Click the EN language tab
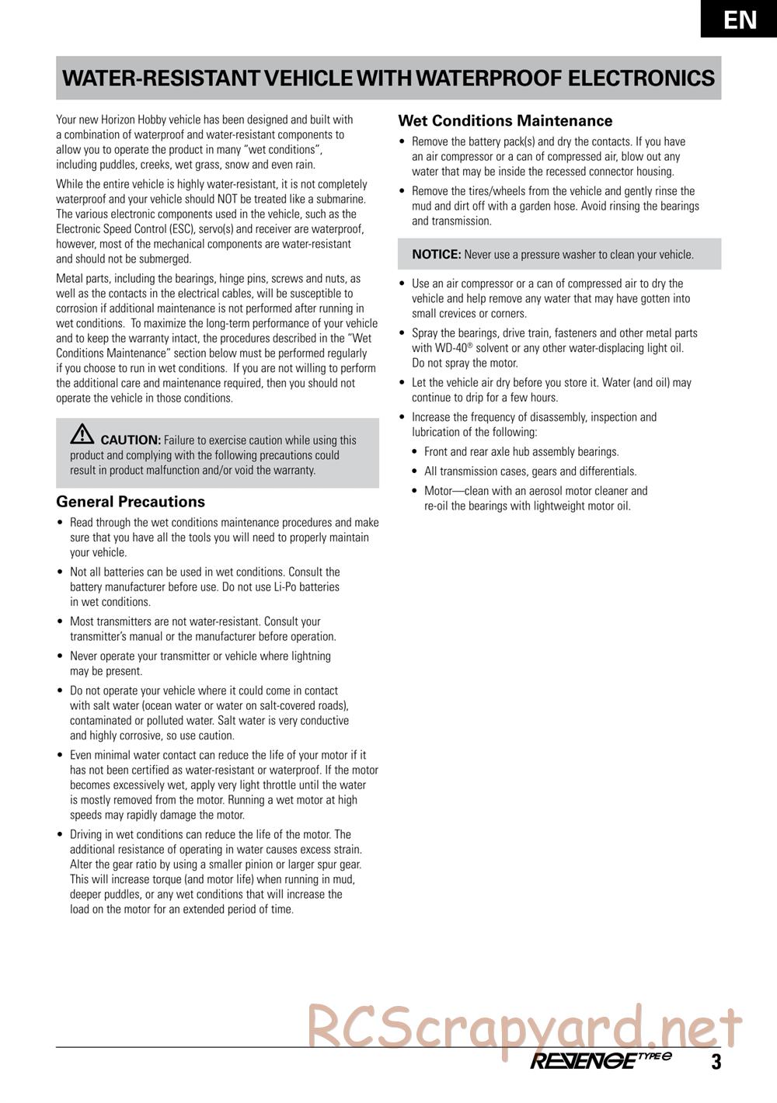740,19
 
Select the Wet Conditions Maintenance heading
505,121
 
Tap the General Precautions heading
131,502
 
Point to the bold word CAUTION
131,440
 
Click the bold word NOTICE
436,255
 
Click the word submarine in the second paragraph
340,200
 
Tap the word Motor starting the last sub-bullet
440,491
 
